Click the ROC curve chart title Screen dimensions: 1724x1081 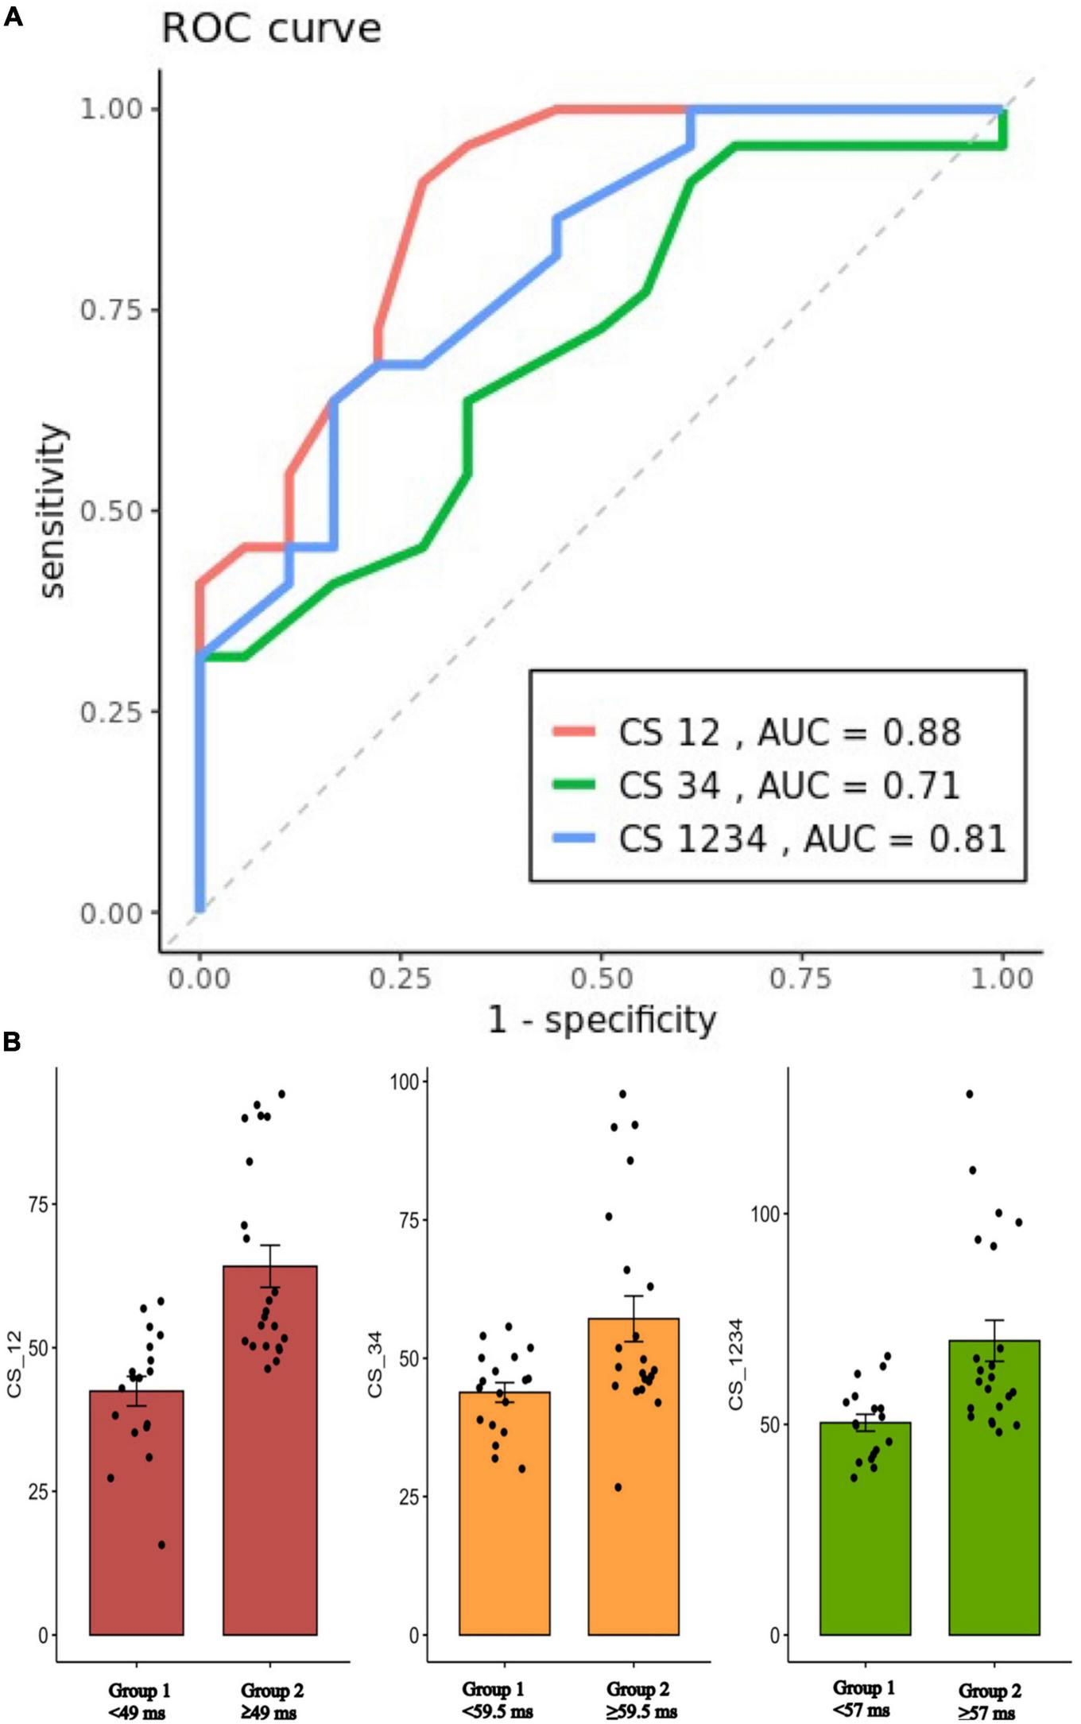271,29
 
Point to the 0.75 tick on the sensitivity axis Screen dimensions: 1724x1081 110,310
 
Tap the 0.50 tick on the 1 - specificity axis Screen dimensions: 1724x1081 601,978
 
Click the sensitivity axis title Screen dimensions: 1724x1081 52,510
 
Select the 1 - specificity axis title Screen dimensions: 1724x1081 602,1020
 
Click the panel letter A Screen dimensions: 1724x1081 13,17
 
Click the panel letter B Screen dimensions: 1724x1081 12,1042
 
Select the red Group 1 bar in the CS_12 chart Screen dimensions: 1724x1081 137,1514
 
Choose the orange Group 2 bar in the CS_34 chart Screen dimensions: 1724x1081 633,1478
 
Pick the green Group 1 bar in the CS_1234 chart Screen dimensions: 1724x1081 865,1530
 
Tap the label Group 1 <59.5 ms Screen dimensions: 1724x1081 497,1699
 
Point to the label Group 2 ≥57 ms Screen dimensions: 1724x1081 989,1701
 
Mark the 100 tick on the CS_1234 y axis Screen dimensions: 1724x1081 765,1214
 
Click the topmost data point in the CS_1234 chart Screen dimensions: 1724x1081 970,1094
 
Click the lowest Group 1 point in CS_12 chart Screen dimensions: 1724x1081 161,1544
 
